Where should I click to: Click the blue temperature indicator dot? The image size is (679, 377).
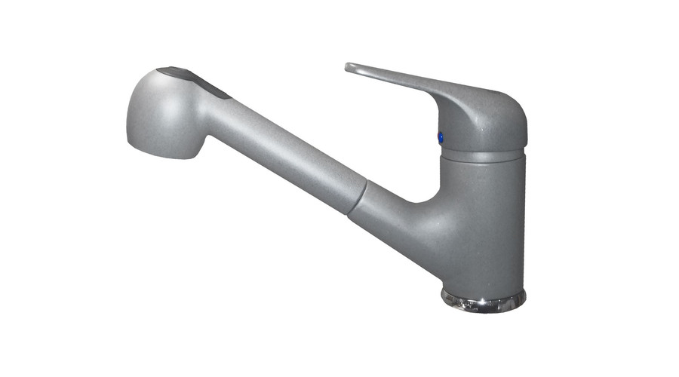coord(441,136)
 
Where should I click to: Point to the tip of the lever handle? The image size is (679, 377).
coord(350,68)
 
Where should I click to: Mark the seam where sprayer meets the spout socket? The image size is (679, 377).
coord(360,196)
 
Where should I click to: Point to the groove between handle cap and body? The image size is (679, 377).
coord(483,154)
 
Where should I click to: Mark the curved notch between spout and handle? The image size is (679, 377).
coord(422,198)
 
